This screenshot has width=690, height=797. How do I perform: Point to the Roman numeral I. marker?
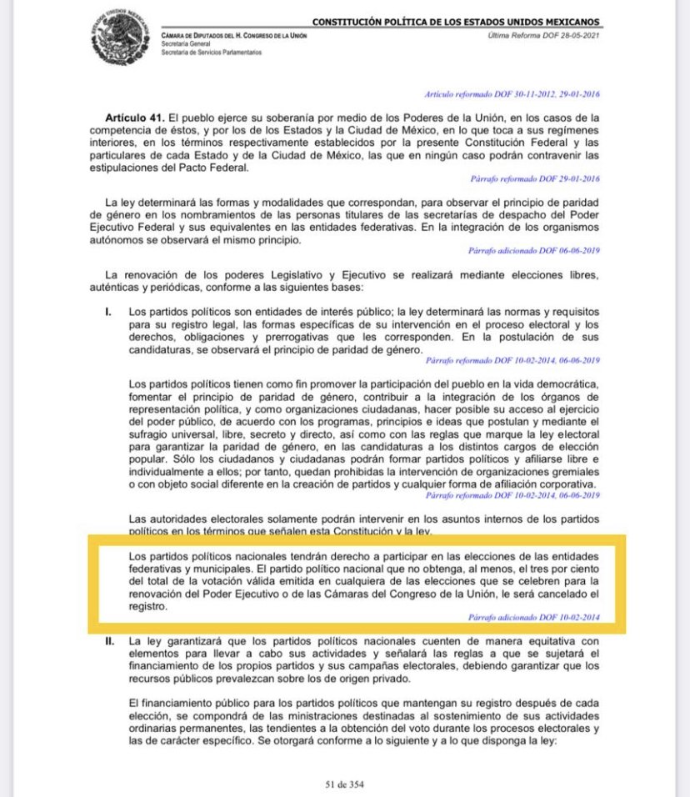(x=108, y=312)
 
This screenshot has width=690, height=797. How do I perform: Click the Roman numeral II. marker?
(x=109, y=642)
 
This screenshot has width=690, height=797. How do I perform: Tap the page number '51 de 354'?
(x=344, y=784)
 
